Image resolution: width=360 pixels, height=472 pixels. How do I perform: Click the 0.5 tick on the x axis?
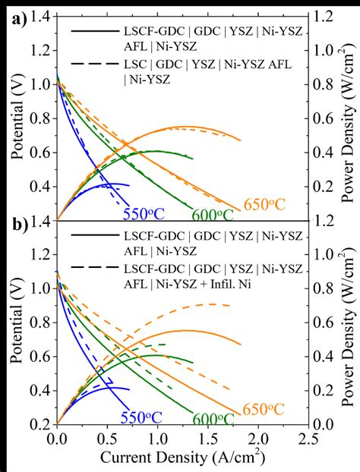point(106,439)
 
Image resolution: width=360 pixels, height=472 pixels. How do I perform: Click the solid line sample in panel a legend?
point(90,31)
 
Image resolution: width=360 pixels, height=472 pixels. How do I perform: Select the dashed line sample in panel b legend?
point(90,268)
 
